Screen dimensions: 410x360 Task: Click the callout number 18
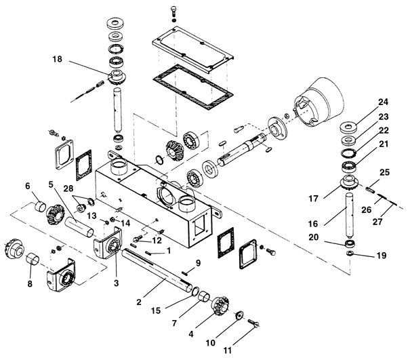point(57,59)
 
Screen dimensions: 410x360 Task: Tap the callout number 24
point(383,102)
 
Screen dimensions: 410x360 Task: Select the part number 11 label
point(227,350)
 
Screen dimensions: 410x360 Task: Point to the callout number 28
point(68,188)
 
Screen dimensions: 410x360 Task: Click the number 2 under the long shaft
point(139,302)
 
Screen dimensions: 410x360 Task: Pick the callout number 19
point(382,255)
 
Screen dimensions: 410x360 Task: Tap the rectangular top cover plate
point(192,49)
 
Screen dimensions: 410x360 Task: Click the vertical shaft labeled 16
point(350,214)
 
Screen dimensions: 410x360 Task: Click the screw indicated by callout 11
point(253,323)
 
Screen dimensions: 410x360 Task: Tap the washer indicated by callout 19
point(350,253)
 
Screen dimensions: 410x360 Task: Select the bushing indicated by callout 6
point(41,205)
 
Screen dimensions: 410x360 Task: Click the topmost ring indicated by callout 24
point(348,128)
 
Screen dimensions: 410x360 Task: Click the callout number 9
point(198,263)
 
